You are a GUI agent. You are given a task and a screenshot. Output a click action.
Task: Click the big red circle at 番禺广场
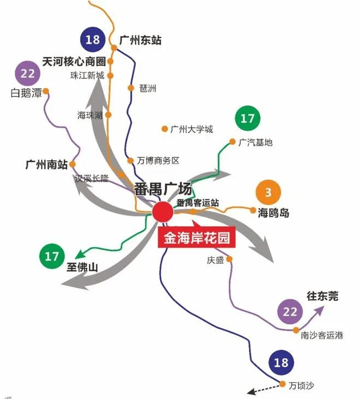[x=163, y=211]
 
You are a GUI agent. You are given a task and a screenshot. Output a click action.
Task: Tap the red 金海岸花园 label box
[x=197, y=238]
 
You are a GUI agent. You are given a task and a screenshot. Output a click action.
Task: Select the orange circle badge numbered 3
[x=268, y=192]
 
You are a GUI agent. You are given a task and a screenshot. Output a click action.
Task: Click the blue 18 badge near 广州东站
[x=93, y=39]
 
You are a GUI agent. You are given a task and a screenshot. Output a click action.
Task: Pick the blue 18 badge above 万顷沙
[x=281, y=362]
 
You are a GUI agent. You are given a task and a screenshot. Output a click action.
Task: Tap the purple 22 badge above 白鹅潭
[x=28, y=74]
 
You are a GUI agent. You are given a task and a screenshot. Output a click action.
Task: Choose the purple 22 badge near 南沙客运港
[x=290, y=312]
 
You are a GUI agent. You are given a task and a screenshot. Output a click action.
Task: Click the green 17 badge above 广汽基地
[x=248, y=118]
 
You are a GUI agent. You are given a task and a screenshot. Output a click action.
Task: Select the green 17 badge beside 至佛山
[x=52, y=256]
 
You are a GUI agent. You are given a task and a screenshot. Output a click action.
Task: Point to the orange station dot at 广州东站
[x=114, y=48]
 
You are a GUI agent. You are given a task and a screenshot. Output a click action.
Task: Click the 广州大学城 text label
[x=192, y=130]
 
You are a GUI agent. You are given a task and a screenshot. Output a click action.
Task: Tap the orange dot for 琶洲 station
[x=131, y=88]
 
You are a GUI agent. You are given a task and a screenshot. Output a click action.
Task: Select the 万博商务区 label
[x=158, y=161]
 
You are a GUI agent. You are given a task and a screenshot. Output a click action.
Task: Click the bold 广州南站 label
[x=47, y=165]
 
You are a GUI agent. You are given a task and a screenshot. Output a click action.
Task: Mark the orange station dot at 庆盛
[x=229, y=259]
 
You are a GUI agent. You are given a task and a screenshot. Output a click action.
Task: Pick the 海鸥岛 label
[x=273, y=213]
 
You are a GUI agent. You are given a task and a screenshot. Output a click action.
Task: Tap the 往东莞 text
[x=322, y=296]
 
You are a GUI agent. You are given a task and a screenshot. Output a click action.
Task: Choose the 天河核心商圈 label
[x=74, y=62]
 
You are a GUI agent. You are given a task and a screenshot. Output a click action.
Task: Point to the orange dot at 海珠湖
[x=108, y=115]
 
